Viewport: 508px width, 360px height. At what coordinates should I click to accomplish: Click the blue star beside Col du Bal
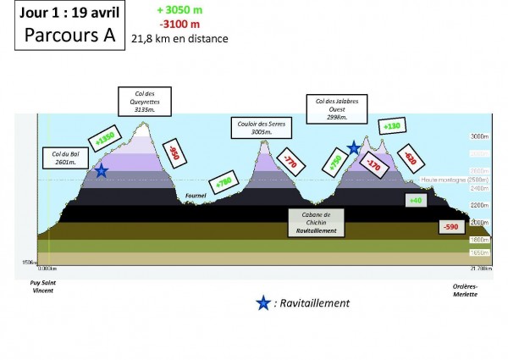click(x=101, y=171)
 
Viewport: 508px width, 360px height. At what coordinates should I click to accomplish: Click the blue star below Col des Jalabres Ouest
click(x=353, y=148)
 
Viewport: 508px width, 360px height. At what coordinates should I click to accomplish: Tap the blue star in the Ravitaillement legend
click(x=263, y=302)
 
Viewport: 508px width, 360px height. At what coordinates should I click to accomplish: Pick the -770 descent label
click(x=290, y=159)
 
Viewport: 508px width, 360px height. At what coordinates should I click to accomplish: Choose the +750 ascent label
click(x=335, y=165)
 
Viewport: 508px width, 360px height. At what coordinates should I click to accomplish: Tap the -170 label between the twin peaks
click(x=372, y=165)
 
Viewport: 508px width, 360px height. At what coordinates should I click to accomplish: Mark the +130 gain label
click(x=391, y=126)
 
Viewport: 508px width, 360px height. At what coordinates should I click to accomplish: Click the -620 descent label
click(x=410, y=158)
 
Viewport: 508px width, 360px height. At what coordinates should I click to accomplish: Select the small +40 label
click(x=416, y=201)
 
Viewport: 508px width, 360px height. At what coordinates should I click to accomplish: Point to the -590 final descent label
click(x=451, y=227)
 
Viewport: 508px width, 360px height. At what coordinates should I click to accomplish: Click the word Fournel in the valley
click(x=196, y=194)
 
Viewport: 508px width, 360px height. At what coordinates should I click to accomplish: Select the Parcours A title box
click(x=65, y=27)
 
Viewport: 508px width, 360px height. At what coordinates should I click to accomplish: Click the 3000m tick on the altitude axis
click(x=480, y=136)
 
